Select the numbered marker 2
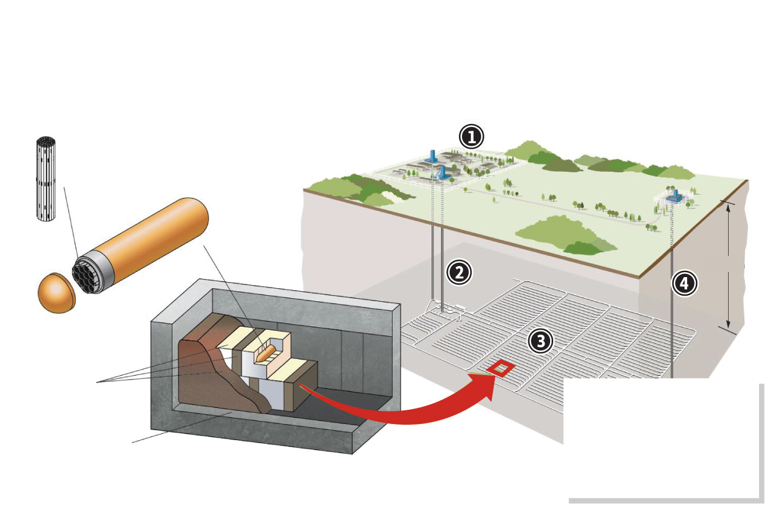point(459,272)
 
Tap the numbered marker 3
point(541,340)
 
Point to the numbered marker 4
point(683,284)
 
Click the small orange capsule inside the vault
point(266,354)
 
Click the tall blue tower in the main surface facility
point(433,157)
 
